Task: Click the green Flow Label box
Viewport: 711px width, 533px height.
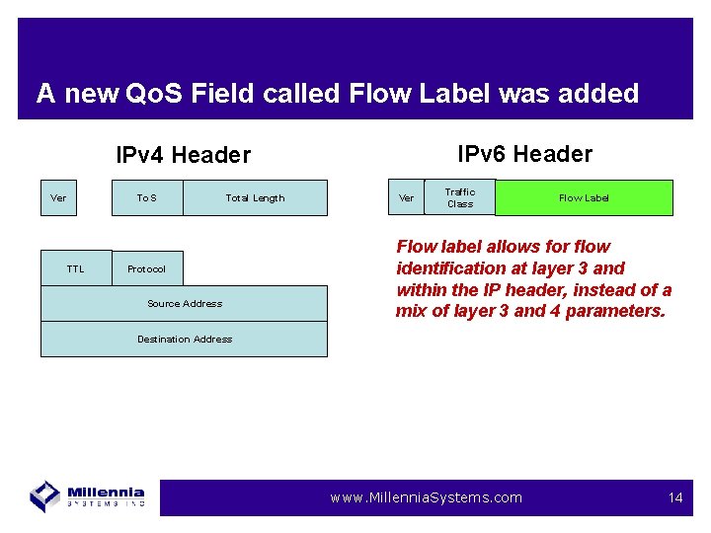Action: coord(584,197)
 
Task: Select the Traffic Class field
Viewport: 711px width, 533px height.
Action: coord(459,197)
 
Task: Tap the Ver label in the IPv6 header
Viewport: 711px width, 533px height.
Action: coord(406,198)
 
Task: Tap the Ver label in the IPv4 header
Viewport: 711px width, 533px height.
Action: coord(58,198)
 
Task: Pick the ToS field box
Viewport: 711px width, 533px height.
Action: coord(146,198)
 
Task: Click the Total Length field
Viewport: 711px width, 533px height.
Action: coord(255,198)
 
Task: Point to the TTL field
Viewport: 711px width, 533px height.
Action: coord(76,268)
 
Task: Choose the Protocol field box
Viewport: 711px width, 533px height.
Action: coord(146,268)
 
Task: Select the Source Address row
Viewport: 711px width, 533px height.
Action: coord(184,303)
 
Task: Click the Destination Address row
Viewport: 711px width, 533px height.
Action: coord(184,339)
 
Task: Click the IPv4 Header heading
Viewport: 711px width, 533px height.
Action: coord(183,155)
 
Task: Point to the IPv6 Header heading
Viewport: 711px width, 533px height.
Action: coord(524,154)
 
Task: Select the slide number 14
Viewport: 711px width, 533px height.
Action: coord(675,497)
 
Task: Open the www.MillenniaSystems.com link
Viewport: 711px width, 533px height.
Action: coord(426,497)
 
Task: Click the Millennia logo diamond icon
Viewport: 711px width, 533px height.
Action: coord(45,495)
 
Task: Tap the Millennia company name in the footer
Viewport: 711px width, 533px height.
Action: coord(107,493)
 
